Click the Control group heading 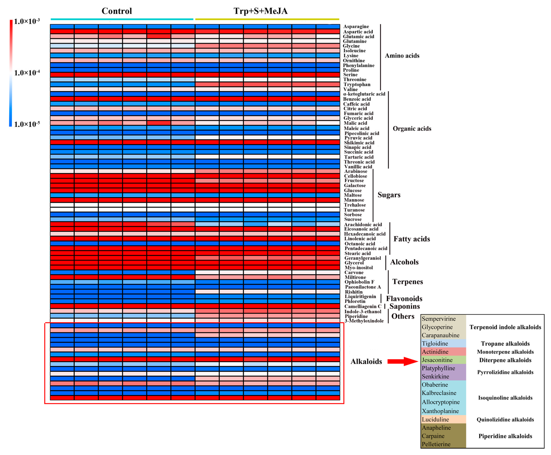click(117, 11)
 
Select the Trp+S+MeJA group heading click(260, 11)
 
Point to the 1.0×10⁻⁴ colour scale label click(27, 73)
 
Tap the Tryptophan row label click(357, 84)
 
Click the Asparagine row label click(356, 27)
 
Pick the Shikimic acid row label click(359, 143)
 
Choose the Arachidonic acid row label click(363, 224)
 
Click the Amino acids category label click(402, 56)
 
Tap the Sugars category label click(389, 195)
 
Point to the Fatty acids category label click(412, 239)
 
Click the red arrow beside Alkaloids click(402, 361)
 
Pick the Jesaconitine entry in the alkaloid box click(437, 360)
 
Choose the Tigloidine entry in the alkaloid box click(435, 343)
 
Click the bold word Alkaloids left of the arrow click(366, 361)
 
